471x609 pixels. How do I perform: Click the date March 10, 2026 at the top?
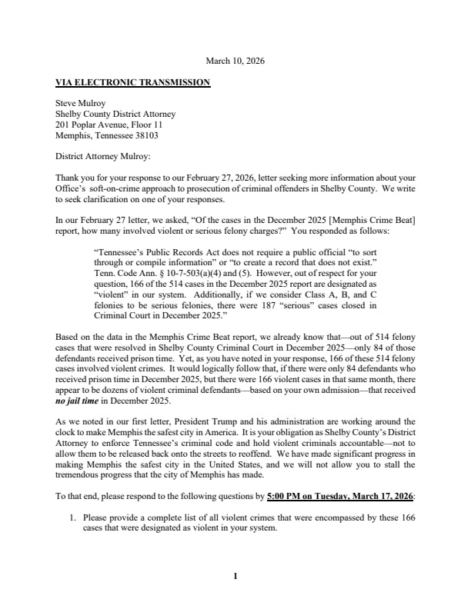(x=235, y=61)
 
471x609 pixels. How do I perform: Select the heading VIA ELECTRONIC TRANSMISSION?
(x=132, y=82)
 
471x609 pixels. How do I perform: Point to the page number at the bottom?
(x=235, y=574)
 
